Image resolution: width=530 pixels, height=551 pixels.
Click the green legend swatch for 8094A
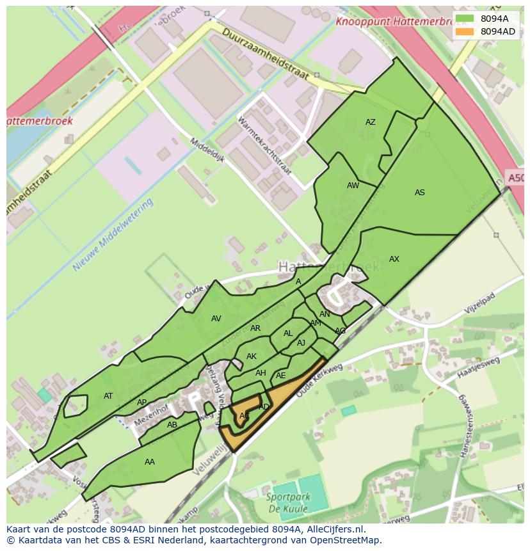pos(465,19)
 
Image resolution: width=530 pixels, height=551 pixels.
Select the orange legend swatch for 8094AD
pos(465,31)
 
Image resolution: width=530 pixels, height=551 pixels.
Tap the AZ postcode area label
pos(370,122)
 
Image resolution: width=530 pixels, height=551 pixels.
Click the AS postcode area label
pos(420,193)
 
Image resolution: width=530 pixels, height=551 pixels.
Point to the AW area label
pos(353,186)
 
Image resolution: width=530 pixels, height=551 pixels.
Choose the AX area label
pos(394,259)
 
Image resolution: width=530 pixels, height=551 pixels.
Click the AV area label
pos(216,319)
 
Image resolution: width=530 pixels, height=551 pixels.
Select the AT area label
pos(108,396)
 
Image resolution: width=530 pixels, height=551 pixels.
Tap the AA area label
pos(150,462)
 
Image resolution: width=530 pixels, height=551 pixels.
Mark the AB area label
pos(172,425)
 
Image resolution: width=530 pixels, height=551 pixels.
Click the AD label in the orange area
pos(264,407)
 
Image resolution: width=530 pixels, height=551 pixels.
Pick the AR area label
pos(255,329)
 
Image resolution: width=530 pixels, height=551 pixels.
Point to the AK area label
pos(252,356)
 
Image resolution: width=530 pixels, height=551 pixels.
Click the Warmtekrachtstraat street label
pos(264,145)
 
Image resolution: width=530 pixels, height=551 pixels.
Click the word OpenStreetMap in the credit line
pos(346,540)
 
